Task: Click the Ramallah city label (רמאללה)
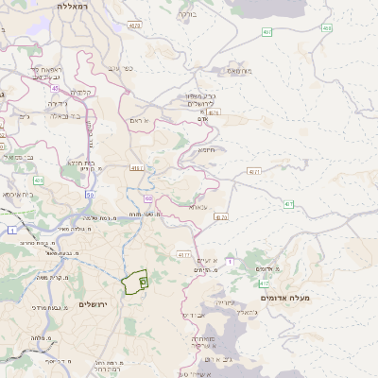(x=72, y=6)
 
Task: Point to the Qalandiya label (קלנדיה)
(x=79, y=92)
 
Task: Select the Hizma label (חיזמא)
(x=206, y=149)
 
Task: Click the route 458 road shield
(x=326, y=28)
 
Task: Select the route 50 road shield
(x=90, y=195)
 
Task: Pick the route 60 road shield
(x=148, y=198)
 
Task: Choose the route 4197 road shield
(x=183, y=254)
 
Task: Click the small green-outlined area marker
(x=143, y=281)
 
